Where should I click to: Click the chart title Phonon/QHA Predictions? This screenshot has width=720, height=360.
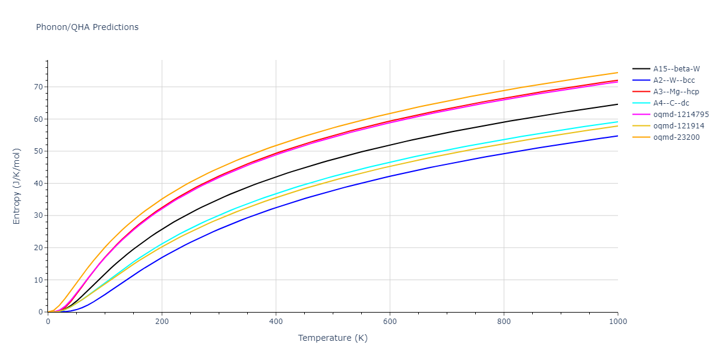87,27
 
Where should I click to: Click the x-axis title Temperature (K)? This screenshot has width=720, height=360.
332,338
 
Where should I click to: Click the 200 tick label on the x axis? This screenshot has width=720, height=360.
162,322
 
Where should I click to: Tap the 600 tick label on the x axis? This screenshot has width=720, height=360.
390,322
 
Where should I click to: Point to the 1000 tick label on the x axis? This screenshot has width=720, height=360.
617,322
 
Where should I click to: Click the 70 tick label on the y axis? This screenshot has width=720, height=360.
38,87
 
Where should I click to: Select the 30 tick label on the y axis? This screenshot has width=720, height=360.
38,215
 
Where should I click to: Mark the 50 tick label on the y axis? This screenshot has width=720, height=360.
38,151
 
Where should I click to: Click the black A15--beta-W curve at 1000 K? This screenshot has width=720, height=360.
617,104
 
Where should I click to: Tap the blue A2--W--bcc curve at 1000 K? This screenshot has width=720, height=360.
617,136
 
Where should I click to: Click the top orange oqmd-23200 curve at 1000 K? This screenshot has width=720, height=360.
617,73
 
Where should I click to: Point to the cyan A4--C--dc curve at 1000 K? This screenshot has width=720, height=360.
617,122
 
